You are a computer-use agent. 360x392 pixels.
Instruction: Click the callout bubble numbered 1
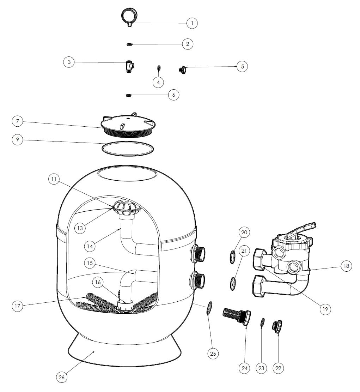[x=192, y=23]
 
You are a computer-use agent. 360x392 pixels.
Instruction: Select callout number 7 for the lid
[x=17, y=122]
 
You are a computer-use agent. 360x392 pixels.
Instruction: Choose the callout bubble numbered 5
[x=242, y=66]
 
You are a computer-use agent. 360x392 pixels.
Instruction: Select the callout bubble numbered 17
[x=17, y=306]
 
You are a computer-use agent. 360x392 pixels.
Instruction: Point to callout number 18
[x=346, y=266]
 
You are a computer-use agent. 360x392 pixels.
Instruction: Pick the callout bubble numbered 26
[x=62, y=377]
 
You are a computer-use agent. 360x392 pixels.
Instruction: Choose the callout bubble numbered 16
[x=98, y=282]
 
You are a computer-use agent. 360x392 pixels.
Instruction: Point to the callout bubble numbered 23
[x=261, y=368]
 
